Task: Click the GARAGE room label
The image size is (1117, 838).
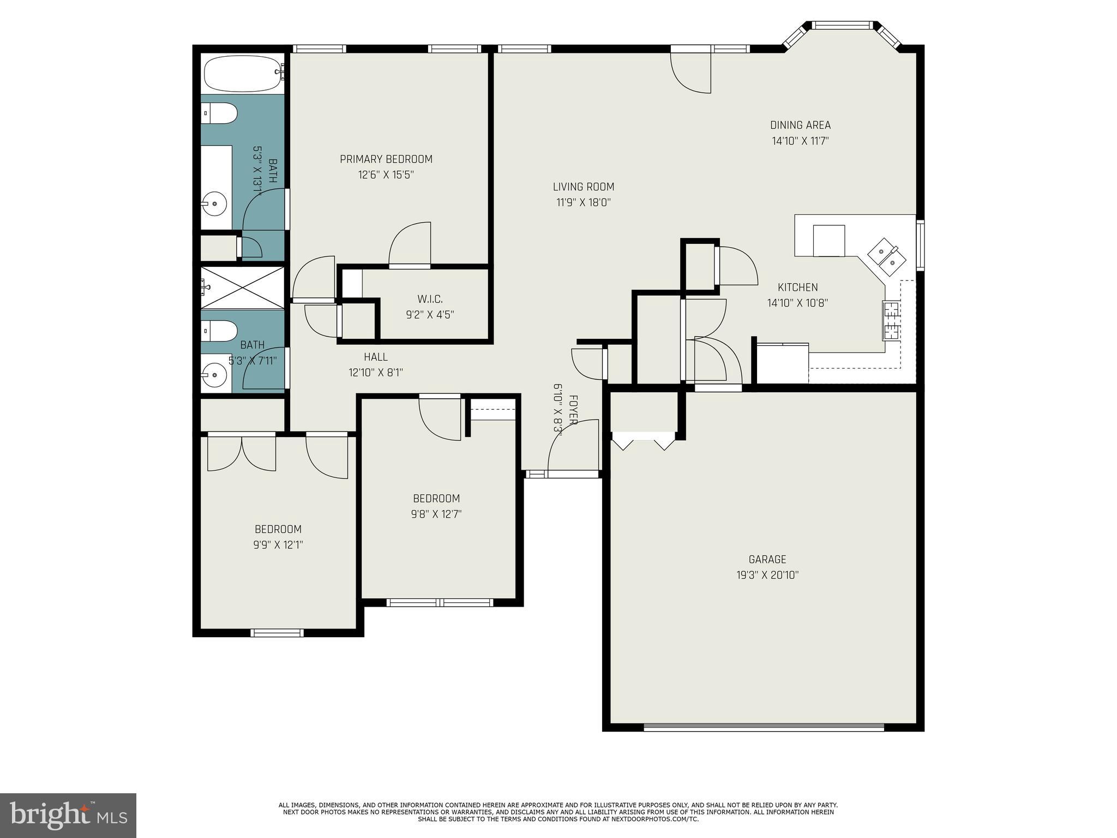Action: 767,559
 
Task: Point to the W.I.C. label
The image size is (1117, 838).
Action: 430,299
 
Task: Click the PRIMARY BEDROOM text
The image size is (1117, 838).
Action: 386,159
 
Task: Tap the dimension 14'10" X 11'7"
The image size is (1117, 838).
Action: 800,141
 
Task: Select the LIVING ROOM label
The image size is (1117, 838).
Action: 583,187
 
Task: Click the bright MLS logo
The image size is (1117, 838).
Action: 68,815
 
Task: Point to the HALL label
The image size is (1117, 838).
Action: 375,357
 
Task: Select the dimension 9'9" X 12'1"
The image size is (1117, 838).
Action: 278,544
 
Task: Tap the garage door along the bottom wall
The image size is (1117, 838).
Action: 764,727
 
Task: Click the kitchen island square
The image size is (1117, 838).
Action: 828,241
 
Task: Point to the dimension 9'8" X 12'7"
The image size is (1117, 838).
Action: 436,514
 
